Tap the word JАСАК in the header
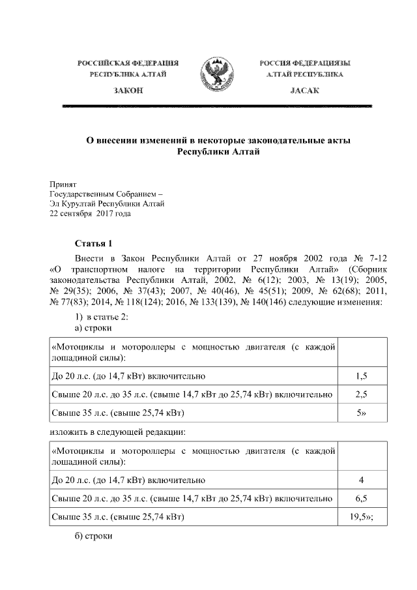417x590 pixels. (x=304, y=90)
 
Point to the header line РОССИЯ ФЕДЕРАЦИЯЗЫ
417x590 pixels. (x=304, y=63)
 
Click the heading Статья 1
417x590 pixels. (x=94, y=244)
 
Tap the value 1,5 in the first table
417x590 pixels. (x=363, y=376)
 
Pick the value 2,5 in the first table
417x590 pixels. (x=363, y=394)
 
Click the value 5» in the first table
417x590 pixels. (x=363, y=413)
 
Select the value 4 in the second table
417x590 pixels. (x=362, y=480)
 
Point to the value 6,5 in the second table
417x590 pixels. (x=363, y=499)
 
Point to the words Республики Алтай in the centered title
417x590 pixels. (x=218, y=151)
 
